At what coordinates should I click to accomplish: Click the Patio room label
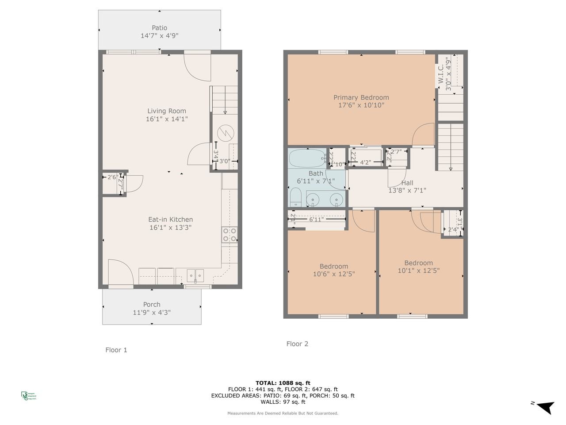pos(159,28)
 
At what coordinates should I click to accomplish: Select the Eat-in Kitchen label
pos(170,219)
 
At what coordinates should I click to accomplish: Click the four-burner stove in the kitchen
pos(229,235)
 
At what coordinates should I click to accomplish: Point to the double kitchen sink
pos(195,276)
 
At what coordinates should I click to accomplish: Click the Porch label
pos(152,304)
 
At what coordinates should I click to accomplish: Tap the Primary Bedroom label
pos(361,97)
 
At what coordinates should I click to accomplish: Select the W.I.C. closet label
pos(441,74)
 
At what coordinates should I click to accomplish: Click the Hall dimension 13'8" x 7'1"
pos(407,191)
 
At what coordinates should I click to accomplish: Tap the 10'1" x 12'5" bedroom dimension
pos(418,270)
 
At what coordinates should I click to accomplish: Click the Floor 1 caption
pos(116,350)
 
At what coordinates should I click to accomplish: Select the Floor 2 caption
pos(297,344)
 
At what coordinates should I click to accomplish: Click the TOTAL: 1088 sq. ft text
pos(283,383)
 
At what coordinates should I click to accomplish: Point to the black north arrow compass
pos(545,406)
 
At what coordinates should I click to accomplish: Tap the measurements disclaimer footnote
pos(283,413)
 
